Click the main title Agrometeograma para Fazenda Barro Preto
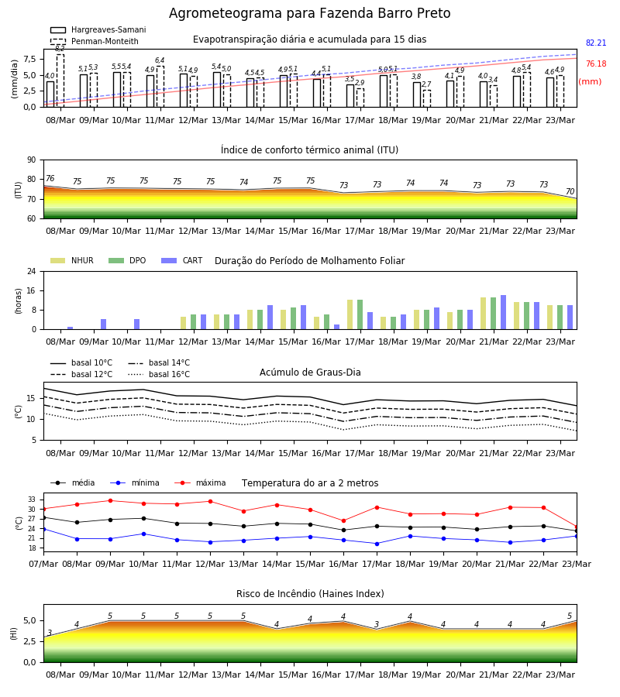tap(309, 13)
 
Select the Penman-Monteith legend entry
tap(95, 41)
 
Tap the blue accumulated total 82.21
tap(596, 43)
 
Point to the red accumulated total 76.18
tap(596, 64)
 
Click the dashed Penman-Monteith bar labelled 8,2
tap(60, 81)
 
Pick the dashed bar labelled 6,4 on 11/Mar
tap(160, 87)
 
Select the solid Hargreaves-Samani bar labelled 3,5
tap(350, 95)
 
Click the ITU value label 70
tap(570, 191)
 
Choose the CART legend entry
tap(182, 260)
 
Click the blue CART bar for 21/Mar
tap(504, 312)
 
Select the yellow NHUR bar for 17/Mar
tap(350, 314)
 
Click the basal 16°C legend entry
tap(159, 374)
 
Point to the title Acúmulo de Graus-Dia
tap(310, 373)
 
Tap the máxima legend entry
tap(200, 482)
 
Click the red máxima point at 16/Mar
tap(344, 521)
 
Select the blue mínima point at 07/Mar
tap(44, 529)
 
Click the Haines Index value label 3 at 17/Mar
tap(377, 624)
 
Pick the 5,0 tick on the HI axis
tap(29, 620)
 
